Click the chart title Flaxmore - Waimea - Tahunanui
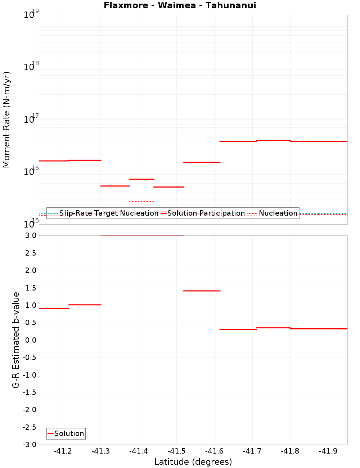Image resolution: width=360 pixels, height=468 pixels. pyautogui.click(x=180, y=5)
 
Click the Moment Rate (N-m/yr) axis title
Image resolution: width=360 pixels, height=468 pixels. pyautogui.click(x=6, y=120)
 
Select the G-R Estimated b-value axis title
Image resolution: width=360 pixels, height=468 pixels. pyautogui.click(x=16, y=340)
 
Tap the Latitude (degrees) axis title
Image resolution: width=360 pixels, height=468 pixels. pyautogui.click(x=193, y=462)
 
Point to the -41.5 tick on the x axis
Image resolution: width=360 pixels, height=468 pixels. pyautogui.click(x=176, y=451)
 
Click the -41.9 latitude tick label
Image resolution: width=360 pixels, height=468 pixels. pyautogui.click(x=328, y=451)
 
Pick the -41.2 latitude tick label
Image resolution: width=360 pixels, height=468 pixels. pyautogui.click(x=63, y=451)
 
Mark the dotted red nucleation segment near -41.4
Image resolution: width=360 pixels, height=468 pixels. pyautogui.click(x=141, y=202)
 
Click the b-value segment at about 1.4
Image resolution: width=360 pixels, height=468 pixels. pyautogui.click(x=202, y=291)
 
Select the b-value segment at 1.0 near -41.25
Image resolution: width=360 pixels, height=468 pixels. pyautogui.click(x=85, y=305)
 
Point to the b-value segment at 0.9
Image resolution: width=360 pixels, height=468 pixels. pyautogui.click(x=54, y=309)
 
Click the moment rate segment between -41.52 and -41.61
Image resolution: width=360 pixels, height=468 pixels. pyautogui.click(x=202, y=162)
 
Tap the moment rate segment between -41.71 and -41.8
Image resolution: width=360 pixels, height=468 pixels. pyautogui.click(x=273, y=140)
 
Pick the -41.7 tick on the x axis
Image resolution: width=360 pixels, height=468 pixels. pyautogui.click(x=252, y=451)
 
